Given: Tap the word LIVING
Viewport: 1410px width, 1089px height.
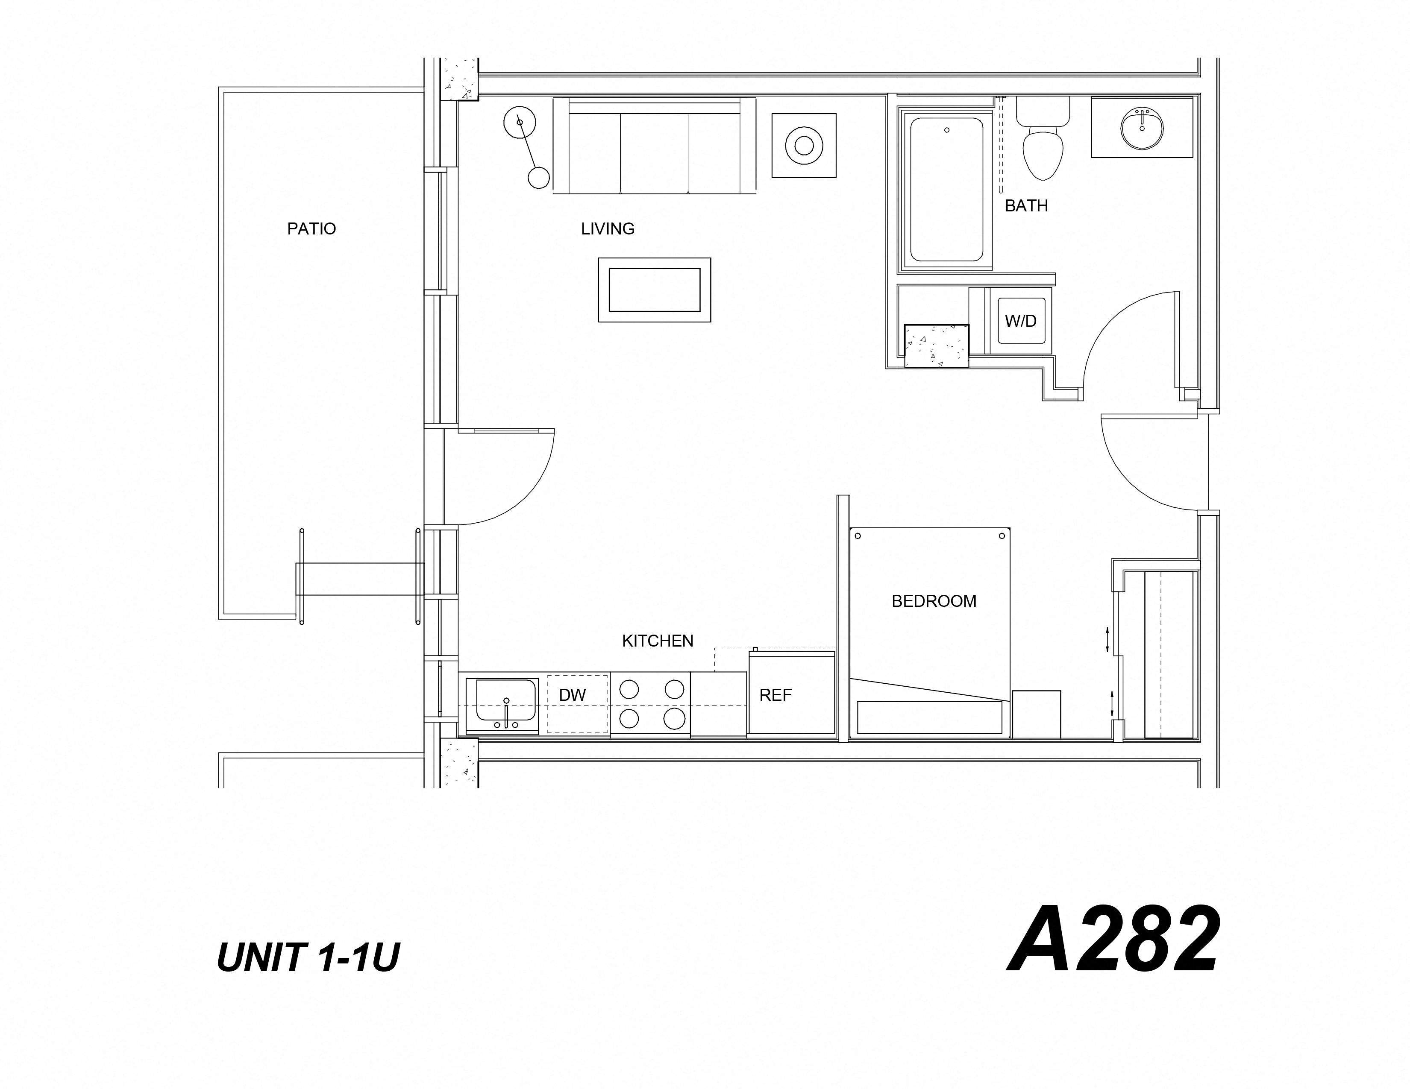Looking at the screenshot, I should click(608, 229).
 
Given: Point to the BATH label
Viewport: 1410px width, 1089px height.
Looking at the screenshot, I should click(1026, 206).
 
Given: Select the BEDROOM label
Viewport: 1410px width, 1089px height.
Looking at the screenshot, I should click(934, 601).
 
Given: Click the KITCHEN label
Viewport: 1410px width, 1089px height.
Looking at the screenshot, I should click(657, 641).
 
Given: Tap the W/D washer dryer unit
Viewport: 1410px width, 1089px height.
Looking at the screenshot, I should click(1020, 321).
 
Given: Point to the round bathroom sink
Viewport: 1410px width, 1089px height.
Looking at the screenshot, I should click(1142, 129).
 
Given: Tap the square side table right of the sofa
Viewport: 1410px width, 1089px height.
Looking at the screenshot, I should click(804, 146).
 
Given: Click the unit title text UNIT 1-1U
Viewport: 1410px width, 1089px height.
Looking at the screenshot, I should click(308, 957).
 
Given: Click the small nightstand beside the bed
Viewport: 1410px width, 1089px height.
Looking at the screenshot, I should click(1036, 714).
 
